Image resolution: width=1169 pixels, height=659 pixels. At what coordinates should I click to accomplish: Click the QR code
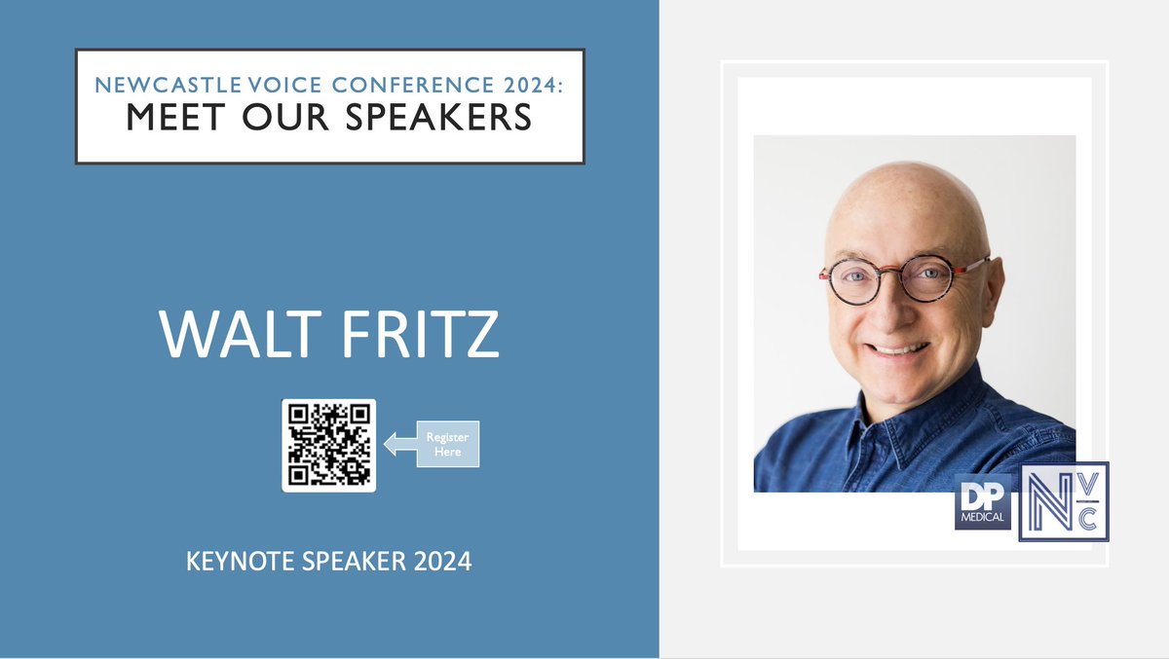click(x=328, y=445)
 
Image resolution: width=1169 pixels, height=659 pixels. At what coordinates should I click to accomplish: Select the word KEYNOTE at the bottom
click(x=233, y=562)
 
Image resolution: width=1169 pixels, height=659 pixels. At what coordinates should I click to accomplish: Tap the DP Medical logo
click(x=983, y=502)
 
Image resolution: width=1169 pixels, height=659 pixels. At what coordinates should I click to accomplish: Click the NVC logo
click(x=1064, y=502)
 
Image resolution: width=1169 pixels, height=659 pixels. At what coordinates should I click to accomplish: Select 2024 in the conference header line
click(x=533, y=86)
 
